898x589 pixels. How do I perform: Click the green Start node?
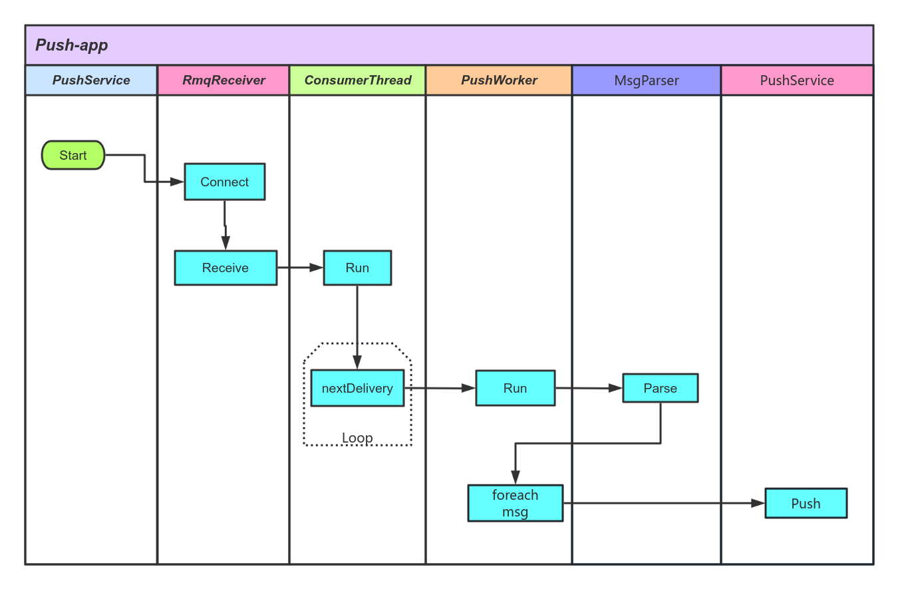(x=73, y=155)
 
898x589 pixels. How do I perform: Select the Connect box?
(x=225, y=182)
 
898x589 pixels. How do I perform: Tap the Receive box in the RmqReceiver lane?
(x=225, y=268)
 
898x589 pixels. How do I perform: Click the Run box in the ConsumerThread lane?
(x=357, y=268)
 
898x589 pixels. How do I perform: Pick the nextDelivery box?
(x=357, y=388)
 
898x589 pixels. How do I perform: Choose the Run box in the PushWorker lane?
(x=515, y=388)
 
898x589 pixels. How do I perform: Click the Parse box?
(x=660, y=388)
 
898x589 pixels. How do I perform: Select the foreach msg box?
(x=515, y=503)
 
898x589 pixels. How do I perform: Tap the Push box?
(x=806, y=503)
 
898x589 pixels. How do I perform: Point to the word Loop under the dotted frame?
(x=357, y=438)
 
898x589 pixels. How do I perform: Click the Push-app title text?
(x=72, y=45)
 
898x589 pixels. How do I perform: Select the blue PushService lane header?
(x=91, y=81)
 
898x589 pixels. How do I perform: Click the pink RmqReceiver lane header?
(x=224, y=81)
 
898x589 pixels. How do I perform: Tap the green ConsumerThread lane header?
(x=358, y=81)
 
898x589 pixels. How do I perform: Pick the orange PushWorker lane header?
(x=499, y=81)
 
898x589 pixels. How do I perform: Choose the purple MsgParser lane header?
(x=647, y=81)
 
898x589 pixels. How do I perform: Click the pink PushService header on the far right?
(x=797, y=81)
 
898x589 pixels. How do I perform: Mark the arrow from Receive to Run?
(x=300, y=268)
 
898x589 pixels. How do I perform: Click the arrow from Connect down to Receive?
(x=225, y=226)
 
